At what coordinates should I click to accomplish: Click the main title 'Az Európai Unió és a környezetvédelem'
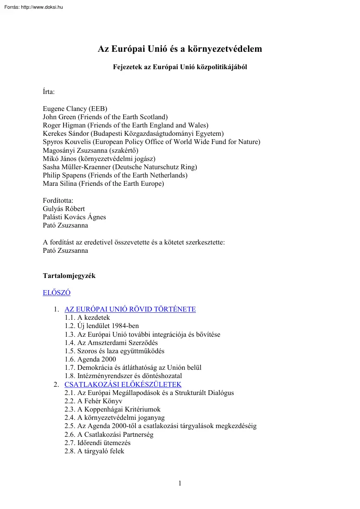point(180,49)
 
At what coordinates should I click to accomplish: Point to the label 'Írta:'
point(49,92)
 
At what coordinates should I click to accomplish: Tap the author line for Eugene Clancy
point(75,109)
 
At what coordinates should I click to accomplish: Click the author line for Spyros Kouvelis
point(151,142)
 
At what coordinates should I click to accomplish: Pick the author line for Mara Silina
point(103,184)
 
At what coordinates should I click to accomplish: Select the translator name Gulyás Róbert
point(64,209)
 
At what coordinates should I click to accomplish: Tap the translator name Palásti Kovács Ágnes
point(74,217)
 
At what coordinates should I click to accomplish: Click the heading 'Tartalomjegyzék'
point(69,276)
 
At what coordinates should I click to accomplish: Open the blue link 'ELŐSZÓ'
point(57,293)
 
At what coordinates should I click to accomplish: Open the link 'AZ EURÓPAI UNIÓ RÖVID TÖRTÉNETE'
point(130,309)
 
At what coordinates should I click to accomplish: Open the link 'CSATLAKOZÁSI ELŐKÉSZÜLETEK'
point(123,385)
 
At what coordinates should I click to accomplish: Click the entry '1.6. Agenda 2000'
point(90,359)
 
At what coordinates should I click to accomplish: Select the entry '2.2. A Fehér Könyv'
point(94,401)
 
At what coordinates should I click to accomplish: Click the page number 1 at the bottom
point(180,483)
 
